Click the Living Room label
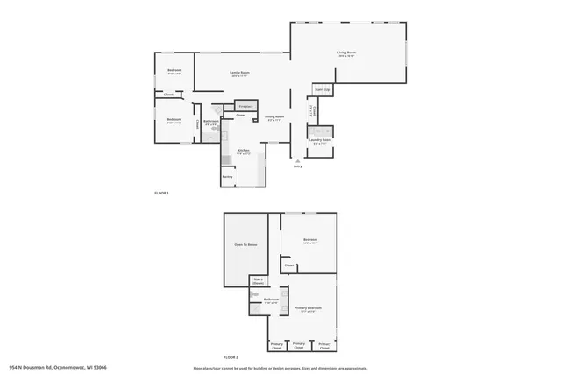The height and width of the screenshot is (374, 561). pyautogui.click(x=346, y=53)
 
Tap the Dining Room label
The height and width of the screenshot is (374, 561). pyautogui.click(x=273, y=118)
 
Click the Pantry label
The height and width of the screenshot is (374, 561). pyautogui.click(x=227, y=177)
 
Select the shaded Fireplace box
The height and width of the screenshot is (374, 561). pyautogui.click(x=245, y=105)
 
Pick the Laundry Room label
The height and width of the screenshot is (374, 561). pyautogui.click(x=321, y=139)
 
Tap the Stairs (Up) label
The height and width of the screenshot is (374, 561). pyautogui.click(x=323, y=89)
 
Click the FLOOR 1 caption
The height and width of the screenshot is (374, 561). pyautogui.click(x=161, y=193)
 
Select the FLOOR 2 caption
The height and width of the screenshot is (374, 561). pyautogui.click(x=231, y=357)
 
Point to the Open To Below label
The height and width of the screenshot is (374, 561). pyautogui.click(x=245, y=245)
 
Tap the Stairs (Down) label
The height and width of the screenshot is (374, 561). pyautogui.click(x=258, y=282)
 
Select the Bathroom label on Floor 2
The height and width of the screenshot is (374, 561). pyautogui.click(x=271, y=300)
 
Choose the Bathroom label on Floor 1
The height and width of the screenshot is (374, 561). pyautogui.click(x=211, y=122)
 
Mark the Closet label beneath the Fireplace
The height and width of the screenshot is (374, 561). pyautogui.click(x=240, y=115)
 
